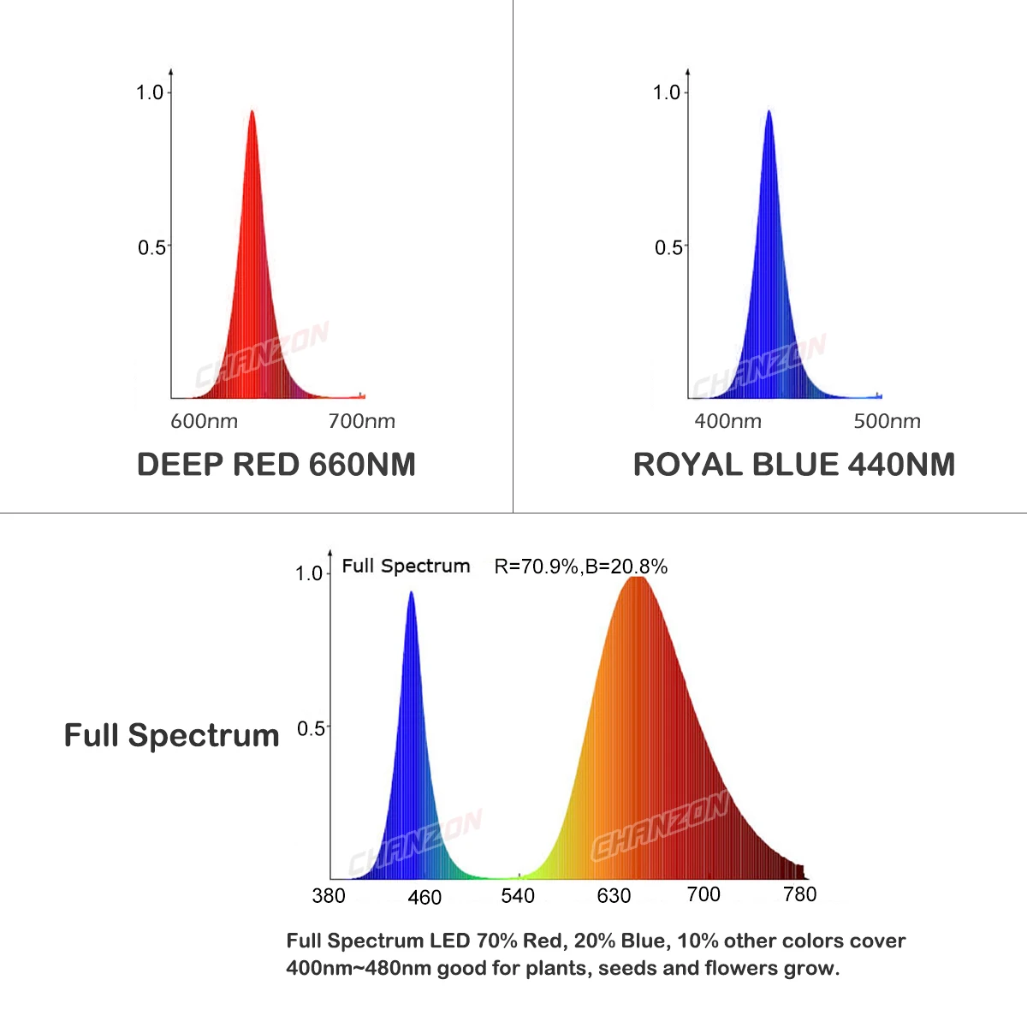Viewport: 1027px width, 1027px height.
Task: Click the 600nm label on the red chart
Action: [204, 421]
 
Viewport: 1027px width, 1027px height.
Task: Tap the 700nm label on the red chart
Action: [361, 421]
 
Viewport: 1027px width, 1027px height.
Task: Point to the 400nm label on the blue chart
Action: [727, 421]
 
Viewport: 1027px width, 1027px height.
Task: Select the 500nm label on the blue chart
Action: [887, 421]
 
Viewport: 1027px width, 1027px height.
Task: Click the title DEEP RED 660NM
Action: [276, 465]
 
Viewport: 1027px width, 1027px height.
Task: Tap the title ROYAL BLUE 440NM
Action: [793, 465]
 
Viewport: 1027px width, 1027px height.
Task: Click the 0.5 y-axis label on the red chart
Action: [152, 247]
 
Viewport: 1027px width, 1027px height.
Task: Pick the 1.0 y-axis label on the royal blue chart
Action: [667, 92]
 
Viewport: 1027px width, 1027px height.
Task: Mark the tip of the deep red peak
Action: [252, 111]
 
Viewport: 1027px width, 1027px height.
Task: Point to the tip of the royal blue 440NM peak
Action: [769, 111]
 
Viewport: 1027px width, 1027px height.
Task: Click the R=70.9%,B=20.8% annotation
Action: [580, 567]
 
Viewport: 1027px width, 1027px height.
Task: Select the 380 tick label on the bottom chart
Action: [329, 895]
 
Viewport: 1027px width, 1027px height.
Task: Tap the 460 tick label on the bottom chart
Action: [424, 897]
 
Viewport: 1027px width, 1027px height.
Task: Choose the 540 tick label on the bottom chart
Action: [518, 896]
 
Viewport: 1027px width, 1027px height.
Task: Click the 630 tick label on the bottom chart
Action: [614, 896]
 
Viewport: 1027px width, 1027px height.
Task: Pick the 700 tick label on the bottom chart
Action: [703, 894]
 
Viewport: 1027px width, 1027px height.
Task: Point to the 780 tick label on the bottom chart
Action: [800, 894]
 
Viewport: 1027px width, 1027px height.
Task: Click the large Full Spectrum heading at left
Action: [171, 735]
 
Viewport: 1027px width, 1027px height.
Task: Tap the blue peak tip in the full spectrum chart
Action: [411, 592]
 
